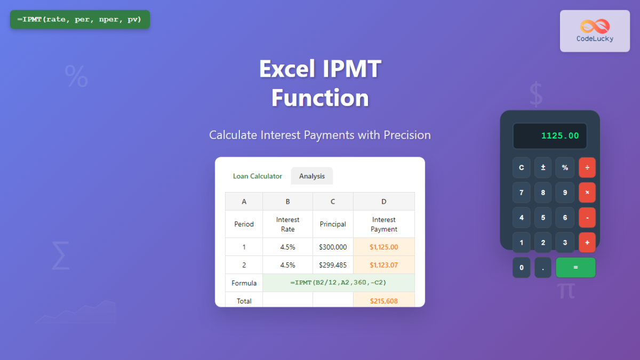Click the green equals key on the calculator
pos(575,267)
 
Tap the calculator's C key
pos(522,167)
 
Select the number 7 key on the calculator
pos(522,193)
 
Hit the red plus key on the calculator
pos(587,243)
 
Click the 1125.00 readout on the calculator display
pos(559,135)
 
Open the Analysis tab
pos(311,176)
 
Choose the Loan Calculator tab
pos(258,176)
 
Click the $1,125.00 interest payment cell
pos(383,247)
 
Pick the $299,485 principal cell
pos(333,265)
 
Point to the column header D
pos(383,202)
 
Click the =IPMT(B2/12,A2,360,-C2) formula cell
pos(338,283)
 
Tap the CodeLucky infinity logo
pos(595,26)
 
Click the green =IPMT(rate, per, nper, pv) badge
pos(79,19)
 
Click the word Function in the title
pos(320,98)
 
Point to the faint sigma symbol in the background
pos(61,255)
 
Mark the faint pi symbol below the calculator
pos(566,291)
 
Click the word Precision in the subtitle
pos(407,135)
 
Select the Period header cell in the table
pos(244,224)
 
